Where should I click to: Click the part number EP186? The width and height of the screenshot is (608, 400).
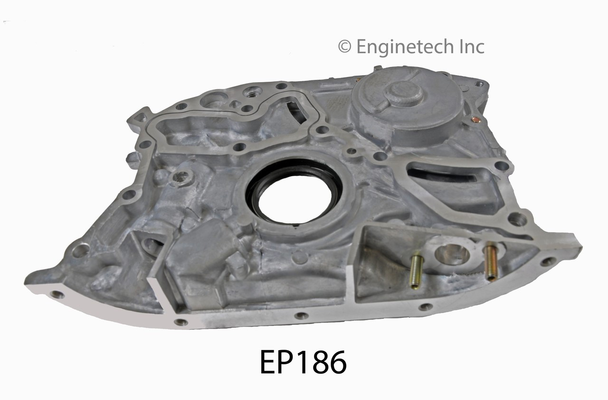[x=303, y=363]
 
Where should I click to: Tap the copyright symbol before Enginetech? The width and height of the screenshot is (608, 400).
[x=344, y=47]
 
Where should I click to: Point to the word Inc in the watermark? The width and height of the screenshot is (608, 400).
[x=469, y=47]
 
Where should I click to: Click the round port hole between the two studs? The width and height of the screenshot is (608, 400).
[x=446, y=255]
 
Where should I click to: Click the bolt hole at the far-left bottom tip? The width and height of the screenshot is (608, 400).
[x=57, y=295]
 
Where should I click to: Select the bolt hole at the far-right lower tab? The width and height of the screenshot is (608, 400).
[x=548, y=261]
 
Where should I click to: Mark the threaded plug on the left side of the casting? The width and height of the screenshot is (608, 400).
[x=180, y=177]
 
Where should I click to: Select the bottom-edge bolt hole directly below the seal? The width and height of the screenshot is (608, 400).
[x=301, y=315]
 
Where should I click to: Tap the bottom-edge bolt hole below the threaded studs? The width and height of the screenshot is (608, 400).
[x=425, y=307]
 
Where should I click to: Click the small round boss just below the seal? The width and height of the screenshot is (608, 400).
[x=300, y=257]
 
